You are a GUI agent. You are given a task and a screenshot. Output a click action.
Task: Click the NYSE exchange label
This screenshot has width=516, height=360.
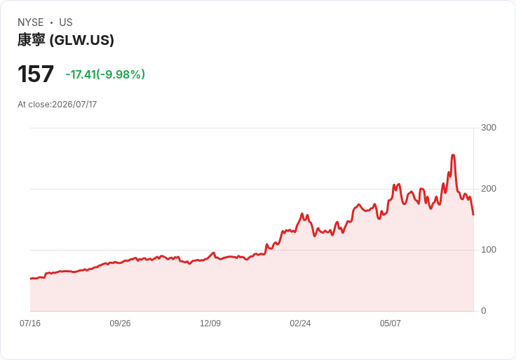point(31,22)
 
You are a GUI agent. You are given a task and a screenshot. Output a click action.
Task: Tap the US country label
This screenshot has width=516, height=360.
point(66,22)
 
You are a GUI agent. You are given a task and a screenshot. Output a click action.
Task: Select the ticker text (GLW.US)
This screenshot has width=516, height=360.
point(81,40)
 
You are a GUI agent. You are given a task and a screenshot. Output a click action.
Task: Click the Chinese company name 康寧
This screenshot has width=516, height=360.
point(32,40)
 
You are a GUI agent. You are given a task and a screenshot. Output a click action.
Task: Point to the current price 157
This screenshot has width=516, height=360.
point(36,74)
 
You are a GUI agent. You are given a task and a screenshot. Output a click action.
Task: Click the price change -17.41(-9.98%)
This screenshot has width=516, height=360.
point(105,74)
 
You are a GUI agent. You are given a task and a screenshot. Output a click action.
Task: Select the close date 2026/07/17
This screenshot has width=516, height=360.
point(74,105)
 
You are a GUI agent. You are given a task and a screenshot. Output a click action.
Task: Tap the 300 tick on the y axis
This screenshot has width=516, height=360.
point(489,128)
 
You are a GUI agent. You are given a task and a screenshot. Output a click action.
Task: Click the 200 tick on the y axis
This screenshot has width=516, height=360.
point(489,189)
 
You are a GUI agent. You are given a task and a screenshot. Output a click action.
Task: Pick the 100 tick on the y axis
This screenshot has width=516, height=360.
point(489,250)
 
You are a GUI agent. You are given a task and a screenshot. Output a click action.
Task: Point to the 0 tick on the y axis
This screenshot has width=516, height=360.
point(484,311)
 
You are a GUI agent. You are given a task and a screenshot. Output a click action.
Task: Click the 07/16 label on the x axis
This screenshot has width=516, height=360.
point(30,324)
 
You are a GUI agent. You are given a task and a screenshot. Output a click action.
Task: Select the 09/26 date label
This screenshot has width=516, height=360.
point(120,324)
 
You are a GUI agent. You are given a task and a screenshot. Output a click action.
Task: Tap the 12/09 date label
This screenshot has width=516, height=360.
point(210,324)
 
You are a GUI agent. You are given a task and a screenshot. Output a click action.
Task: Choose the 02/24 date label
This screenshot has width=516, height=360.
point(300,324)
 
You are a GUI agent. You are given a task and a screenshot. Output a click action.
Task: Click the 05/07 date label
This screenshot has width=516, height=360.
point(391,324)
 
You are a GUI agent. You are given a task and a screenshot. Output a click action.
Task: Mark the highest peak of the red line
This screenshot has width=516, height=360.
point(453,155)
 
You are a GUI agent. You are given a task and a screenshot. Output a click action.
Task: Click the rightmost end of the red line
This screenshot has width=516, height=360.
point(473,215)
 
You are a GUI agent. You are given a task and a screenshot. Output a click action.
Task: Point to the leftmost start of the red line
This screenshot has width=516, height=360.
point(31,279)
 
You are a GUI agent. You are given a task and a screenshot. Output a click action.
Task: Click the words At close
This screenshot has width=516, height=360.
point(34,105)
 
